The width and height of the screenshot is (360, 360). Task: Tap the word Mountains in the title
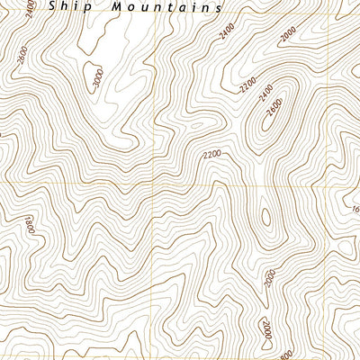click(166, 6)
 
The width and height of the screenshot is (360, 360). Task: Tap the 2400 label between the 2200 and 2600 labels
click(263, 94)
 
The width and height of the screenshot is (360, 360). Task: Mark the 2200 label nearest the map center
click(212, 155)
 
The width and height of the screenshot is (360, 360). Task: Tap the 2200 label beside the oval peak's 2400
click(246, 86)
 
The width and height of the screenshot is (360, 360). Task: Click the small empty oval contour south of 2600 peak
click(265, 218)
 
